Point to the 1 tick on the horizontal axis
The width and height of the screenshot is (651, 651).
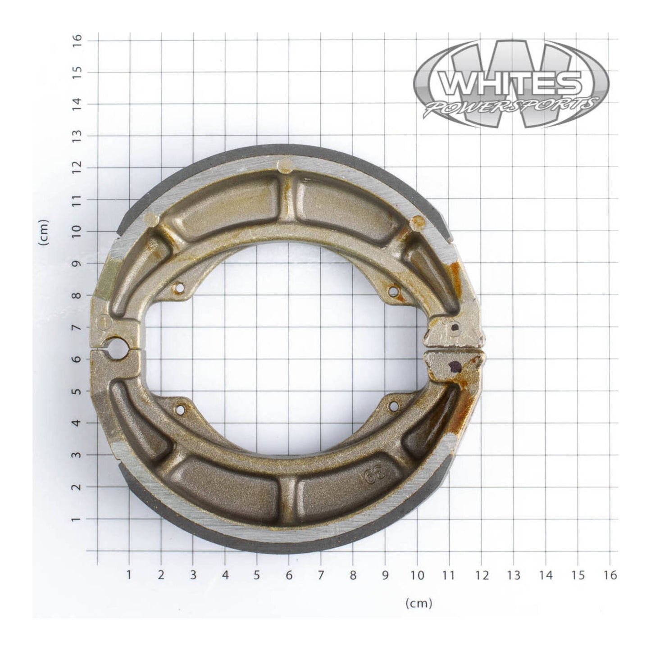pos(129,575)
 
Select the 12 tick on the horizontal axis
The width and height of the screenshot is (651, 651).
pos(482,575)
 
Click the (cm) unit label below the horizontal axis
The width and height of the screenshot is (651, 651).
pos(419,603)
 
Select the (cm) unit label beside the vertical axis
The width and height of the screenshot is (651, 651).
pos(44,232)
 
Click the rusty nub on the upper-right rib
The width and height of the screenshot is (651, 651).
pos(418,221)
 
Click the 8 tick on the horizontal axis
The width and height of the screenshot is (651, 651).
pos(353,575)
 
